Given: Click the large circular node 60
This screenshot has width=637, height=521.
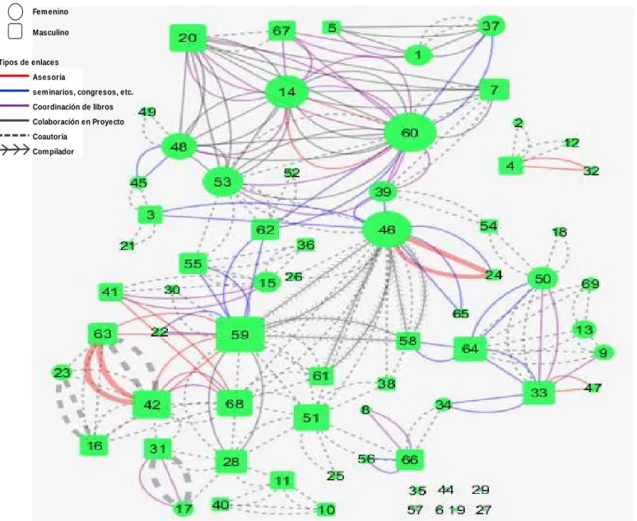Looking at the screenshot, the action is click(x=410, y=133).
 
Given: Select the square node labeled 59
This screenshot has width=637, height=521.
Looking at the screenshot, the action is click(x=240, y=334).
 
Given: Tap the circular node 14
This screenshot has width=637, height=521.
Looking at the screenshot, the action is click(x=286, y=92).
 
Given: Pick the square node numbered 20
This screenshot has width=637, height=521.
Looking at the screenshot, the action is click(x=188, y=38).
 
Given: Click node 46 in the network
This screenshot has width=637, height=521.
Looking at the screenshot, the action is click(x=386, y=230).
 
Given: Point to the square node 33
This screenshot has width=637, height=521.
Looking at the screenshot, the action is click(x=539, y=393).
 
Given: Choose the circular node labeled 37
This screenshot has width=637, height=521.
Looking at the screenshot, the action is click(x=491, y=26).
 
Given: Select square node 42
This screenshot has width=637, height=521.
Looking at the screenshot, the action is click(x=151, y=404).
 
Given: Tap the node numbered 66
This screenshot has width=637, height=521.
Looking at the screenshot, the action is click(x=410, y=459).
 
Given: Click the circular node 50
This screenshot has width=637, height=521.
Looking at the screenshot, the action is click(x=542, y=279).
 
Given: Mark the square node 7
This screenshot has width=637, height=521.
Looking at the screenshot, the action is click(x=494, y=90).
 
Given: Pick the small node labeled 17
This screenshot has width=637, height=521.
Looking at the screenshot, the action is click(x=184, y=509).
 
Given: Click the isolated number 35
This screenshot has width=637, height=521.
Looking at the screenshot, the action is click(x=417, y=491).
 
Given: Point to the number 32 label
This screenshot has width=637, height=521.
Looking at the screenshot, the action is click(x=591, y=170).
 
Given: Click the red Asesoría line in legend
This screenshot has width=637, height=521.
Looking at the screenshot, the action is click(x=14, y=76).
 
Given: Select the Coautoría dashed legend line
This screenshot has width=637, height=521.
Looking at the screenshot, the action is click(x=14, y=136).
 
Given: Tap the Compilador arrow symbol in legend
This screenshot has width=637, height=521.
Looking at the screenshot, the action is click(x=15, y=151).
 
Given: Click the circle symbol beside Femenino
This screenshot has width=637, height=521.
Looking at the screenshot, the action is click(x=16, y=12).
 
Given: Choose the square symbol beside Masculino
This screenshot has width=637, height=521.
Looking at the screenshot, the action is click(x=16, y=31).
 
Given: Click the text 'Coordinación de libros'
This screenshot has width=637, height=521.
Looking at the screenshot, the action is click(x=72, y=107).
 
